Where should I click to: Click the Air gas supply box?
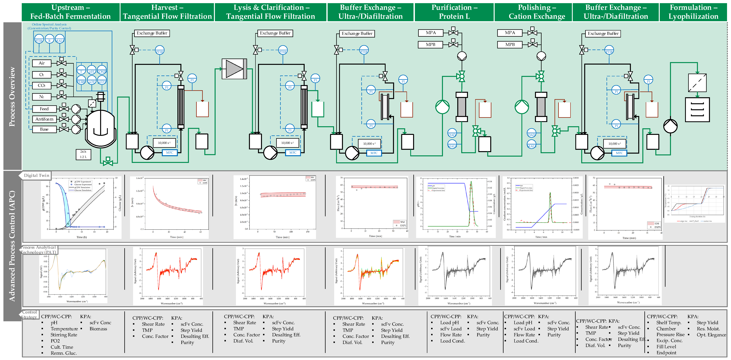click(42, 63)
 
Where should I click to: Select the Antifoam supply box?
click(44, 119)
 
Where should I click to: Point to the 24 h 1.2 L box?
click(83, 154)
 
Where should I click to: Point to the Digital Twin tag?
click(36, 175)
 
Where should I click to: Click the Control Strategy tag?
click(29, 315)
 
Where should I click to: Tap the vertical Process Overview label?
click(12, 96)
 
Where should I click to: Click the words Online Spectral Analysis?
click(49, 24)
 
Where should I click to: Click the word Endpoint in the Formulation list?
click(666, 353)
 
